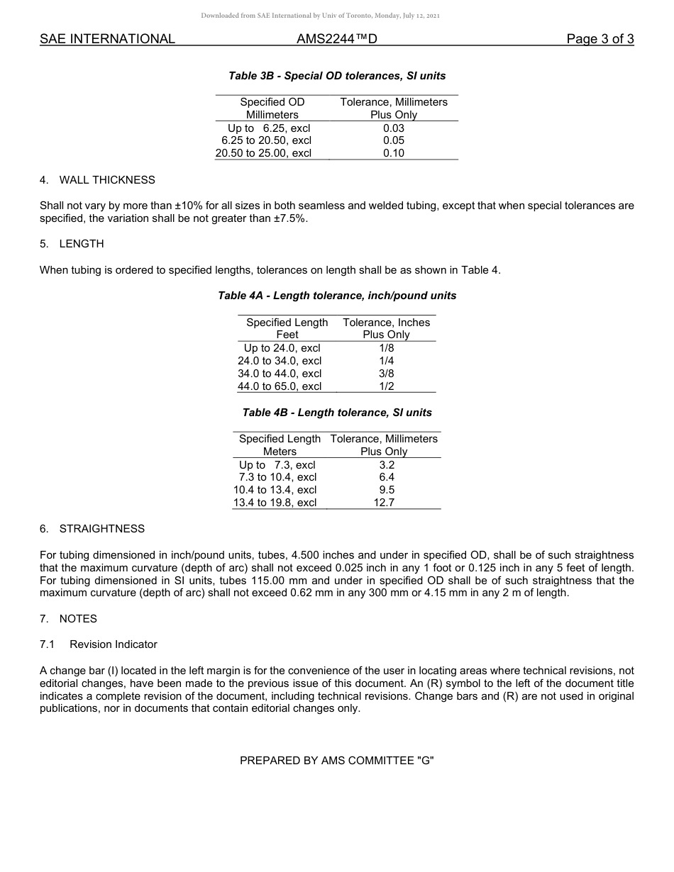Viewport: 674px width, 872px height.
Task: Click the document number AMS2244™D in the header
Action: pyautogui.click(x=336, y=39)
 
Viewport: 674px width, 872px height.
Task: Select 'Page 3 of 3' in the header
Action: pyautogui.click(x=600, y=39)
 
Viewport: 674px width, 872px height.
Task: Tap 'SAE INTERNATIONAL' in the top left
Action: pyautogui.click(x=107, y=39)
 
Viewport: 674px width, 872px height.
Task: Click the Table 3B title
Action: pyautogui.click(x=337, y=75)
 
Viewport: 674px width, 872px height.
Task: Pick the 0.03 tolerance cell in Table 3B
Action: pyautogui.click(x=393, y=128)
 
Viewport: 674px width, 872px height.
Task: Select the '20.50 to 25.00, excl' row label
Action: pyautogui.click(x=263, y=153)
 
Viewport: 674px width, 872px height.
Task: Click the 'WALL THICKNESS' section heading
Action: pyautogui.click(x=107, y=180)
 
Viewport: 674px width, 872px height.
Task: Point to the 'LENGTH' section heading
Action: pyautogui.click(x=82, y=244)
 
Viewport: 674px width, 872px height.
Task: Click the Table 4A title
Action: pyautogui.click(x=337, y=296)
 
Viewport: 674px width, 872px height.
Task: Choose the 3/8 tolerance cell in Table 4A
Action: pyautogui.click(x=386, y=374)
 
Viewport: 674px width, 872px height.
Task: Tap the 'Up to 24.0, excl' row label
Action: pyautogui.click(x=282, y=348)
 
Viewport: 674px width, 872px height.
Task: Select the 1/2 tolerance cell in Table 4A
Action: pyautogui.click(x=386, y=386)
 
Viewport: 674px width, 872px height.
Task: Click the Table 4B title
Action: pyautogui.click(x=337, y=413)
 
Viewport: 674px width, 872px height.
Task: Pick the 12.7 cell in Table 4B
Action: pyautogui.click(x=384, y=503)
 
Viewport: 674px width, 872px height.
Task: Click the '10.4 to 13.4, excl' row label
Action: pyautogui.click(x=275, y=490)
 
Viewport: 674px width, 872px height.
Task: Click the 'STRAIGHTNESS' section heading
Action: pyautogui.click(x=101, y=529)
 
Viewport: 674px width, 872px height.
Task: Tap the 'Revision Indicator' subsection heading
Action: pyautogui.click(x=114, y=644)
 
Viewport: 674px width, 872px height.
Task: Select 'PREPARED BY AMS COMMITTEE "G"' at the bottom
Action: pyautogui.click(x=337, y=761)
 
